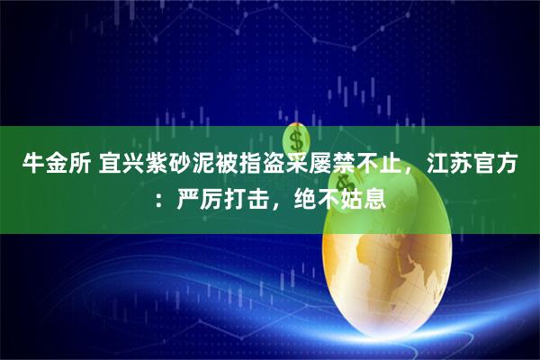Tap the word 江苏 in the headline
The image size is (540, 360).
click(x=453, y=164)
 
